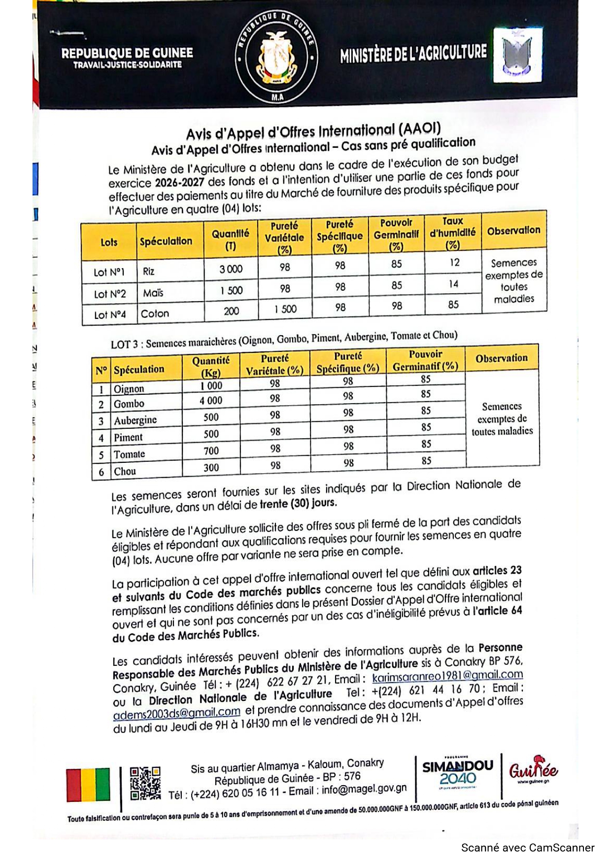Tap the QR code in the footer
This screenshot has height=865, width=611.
point(145,783)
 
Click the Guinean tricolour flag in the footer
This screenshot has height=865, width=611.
point(89,784)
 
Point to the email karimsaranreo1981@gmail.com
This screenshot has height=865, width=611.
point(447,675)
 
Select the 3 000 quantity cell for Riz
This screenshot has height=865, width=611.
point(231,269)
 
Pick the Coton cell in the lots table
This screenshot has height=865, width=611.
point(155,313)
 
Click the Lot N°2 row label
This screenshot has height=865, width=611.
point(110,294)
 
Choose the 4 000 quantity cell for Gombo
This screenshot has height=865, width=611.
point(211,401)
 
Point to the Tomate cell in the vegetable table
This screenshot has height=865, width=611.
point(130,454)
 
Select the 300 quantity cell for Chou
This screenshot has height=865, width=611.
point(211,467)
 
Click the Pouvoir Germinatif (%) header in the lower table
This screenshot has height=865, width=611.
point(426,360)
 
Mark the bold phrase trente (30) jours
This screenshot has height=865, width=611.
point(299,503)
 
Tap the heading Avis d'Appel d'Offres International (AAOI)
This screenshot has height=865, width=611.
point(313,132)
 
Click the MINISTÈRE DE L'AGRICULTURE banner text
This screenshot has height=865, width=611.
point(413,53)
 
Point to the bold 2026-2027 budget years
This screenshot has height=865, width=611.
point(179,182)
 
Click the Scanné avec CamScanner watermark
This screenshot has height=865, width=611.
point(528,848)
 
